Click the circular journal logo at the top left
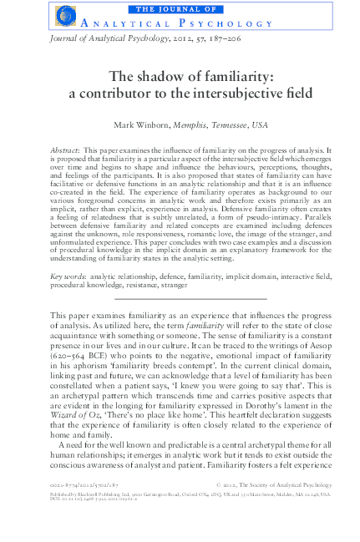coord(63,15)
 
